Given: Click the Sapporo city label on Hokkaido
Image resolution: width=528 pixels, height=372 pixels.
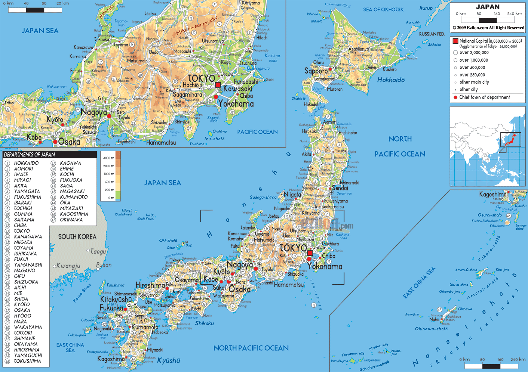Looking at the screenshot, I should pos(316,71).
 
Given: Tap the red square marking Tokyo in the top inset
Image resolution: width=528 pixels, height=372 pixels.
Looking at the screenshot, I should pos(218,85).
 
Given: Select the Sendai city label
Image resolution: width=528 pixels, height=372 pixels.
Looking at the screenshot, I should pos(340,188).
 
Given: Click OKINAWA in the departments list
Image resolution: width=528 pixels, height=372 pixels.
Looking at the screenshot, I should pos(71,220).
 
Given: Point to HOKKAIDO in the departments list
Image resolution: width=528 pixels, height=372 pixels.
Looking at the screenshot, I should pos(26,163).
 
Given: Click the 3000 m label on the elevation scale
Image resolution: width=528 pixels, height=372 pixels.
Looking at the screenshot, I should pos(108,158).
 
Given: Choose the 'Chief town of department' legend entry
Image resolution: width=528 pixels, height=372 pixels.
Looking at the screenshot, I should pos(484,97).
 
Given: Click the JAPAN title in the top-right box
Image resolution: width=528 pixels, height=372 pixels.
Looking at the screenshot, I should pos(488,7).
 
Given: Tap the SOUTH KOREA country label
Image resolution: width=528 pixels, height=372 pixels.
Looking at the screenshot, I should pos(77,237).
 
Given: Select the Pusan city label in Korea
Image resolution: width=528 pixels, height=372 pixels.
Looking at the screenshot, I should pos(104,265).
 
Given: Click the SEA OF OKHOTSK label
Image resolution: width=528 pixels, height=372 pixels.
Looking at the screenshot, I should pos(383,10).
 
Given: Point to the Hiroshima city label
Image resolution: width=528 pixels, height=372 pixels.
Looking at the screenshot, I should pos(150,285).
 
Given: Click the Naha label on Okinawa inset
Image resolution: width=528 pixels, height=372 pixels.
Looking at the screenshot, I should pos(434,319).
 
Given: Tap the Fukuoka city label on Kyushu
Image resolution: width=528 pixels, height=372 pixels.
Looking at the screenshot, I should pos(111,308).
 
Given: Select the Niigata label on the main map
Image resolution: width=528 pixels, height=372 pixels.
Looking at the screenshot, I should pos(292,195).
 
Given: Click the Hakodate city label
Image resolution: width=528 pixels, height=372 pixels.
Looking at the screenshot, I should pos(312,105).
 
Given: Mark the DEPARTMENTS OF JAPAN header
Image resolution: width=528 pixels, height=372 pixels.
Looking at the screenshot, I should pos(30,155).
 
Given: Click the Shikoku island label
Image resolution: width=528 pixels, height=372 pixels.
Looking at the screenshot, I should pos(204,323).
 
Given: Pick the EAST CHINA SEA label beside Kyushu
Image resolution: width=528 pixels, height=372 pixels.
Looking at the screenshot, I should pos(70,347).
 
